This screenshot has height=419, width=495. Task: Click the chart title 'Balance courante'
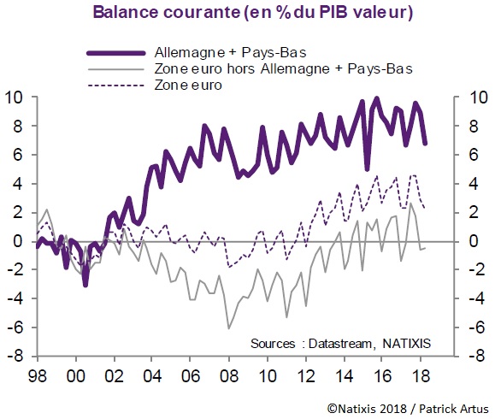180,14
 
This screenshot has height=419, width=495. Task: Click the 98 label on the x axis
36,375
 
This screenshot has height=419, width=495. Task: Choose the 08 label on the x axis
228,375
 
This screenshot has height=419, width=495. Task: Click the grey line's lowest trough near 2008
228,328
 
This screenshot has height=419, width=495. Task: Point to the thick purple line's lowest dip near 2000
85,284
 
